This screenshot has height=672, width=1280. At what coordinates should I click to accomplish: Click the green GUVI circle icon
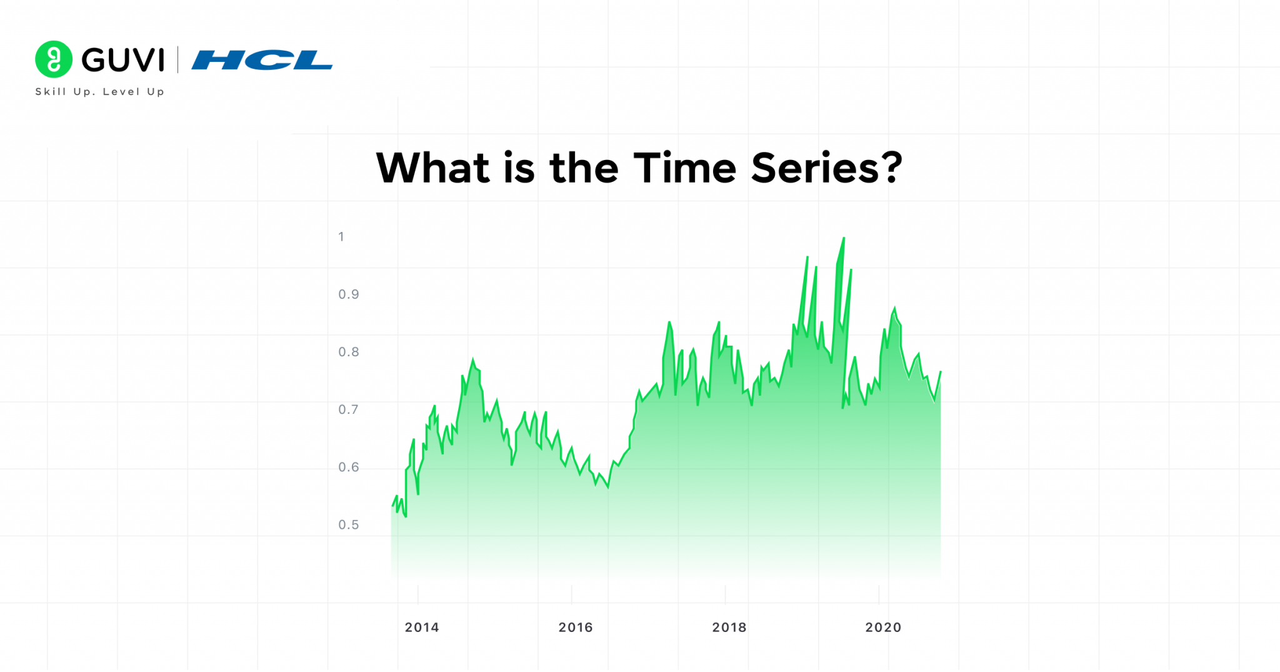[x=54, y=59]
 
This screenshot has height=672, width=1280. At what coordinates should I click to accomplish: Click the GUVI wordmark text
[x=123, y=60]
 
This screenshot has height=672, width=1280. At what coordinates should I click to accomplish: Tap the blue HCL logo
[x=262, y=60]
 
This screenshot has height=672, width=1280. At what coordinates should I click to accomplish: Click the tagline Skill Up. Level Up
[x=100, y=92]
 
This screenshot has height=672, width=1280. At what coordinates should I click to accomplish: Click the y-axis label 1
[x=341, y=237]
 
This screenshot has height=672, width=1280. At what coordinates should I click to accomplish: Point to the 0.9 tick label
[x=349, y=294]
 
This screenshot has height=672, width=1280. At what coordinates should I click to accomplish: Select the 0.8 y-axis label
[x=349, y=352]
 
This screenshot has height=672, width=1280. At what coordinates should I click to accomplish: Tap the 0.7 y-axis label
[x=349, y=409]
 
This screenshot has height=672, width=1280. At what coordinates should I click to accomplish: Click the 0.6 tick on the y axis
[x=349, y=467]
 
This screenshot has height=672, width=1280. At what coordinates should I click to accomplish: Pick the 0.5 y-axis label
[x=349, y=524]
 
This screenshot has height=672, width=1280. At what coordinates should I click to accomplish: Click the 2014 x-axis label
[x=422, y=627]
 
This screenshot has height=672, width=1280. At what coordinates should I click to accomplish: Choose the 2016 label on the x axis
[x=576, y=627]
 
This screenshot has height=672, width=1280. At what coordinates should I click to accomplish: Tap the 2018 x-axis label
[x=729, y=627]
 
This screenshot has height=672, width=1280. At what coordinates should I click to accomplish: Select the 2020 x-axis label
[x=883, y=627]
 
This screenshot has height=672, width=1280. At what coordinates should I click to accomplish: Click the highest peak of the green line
[x=844, y=238]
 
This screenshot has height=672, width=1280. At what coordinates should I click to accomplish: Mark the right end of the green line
[x=940, y=372]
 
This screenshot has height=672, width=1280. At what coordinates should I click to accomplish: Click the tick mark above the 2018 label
[x=725, y=594]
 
